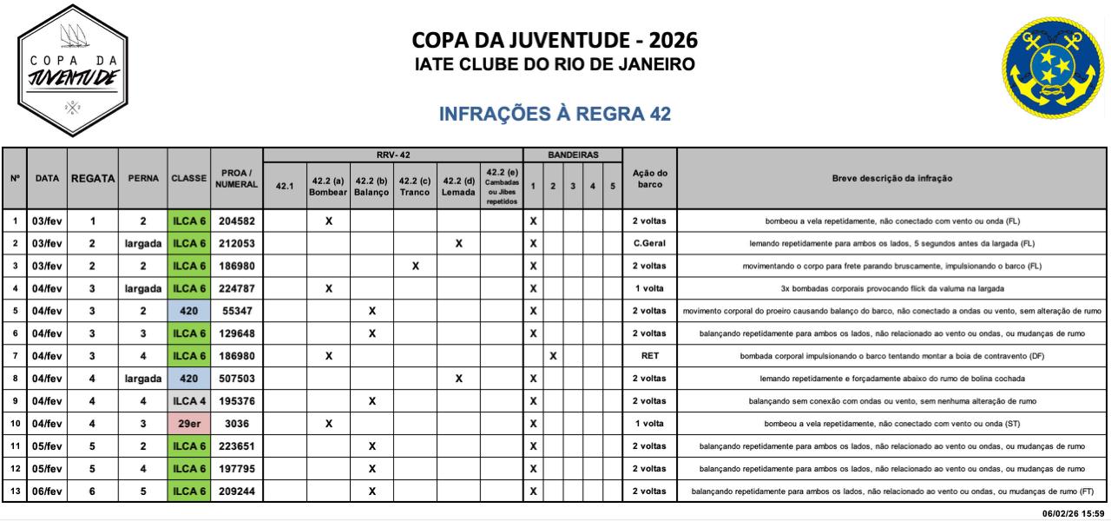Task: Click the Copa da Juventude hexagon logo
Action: pos(72,70)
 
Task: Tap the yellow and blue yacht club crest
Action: pos(1053,69)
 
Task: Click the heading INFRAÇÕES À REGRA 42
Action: pos(555,115)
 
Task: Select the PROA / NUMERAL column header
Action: pos(236,178)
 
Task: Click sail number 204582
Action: pos(236,221)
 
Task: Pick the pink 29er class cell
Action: pos(189,424)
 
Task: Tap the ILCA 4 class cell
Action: pos(189,401)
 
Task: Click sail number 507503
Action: pos(236,379)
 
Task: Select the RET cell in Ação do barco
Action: pos(649,356)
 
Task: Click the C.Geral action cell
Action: pos(649,243)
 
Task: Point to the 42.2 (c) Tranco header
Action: pos(415,186)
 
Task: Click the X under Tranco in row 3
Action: pos(415,266)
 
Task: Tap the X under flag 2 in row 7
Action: pos(553,356)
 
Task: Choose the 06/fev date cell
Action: pos(47,491)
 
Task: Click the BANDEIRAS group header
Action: pos(573,155)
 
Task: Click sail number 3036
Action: pos(236,424)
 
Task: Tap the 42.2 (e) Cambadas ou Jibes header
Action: pos(502,186)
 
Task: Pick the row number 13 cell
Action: pos(15,491)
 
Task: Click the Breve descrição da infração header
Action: pos(891,178)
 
